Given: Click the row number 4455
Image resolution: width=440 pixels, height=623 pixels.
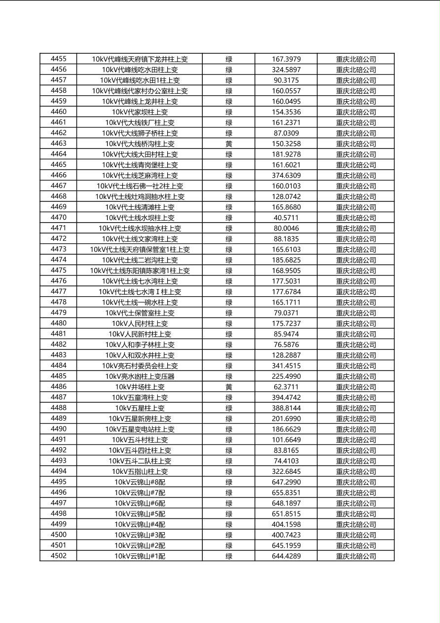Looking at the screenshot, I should (58, 59).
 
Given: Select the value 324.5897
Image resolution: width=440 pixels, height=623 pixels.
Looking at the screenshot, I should (286, 70).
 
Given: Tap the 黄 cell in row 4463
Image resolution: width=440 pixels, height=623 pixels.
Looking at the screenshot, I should (229, 144).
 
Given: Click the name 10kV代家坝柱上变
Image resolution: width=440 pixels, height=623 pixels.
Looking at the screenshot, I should (140, 112).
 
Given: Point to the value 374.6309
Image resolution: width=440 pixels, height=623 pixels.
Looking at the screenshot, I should (286, 175).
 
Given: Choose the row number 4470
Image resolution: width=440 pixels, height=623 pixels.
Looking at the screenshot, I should (58, 218).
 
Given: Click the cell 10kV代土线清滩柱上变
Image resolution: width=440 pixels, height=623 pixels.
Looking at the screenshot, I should (140, 207).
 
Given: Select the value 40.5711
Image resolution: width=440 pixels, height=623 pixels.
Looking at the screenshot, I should (286, 218).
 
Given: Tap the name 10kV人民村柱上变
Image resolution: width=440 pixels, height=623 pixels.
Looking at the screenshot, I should (140, 324).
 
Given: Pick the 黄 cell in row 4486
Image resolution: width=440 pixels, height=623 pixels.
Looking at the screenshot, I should (229, 387).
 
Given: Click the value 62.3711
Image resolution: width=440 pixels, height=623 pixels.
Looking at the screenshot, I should (286, 387).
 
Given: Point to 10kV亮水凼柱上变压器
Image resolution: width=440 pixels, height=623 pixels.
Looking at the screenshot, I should (140, 377).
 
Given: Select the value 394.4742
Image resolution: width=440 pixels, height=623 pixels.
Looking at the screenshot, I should (286, 397).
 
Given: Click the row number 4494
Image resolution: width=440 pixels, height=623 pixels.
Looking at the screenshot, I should (58, 471).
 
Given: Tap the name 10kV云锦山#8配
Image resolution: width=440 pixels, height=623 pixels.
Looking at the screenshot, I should (140, 482).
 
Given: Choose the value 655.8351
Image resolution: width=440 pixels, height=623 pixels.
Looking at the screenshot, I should (286, 493).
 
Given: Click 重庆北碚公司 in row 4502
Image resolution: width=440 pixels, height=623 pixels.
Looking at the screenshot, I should (356, 556).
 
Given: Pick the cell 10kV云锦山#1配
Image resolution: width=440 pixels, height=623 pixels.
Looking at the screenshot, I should (140, 556).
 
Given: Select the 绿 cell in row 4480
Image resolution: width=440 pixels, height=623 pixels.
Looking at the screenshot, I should (229, 324).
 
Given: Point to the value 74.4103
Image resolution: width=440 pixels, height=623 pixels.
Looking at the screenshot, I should (286, 461).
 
